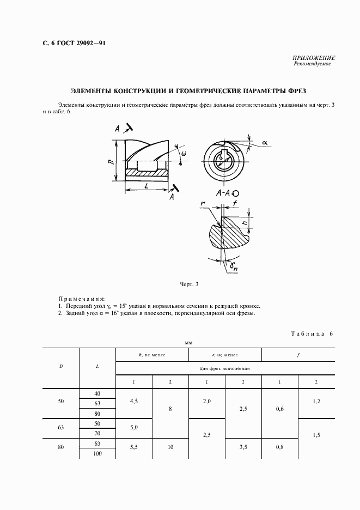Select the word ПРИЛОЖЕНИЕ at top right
[x=314, y=58]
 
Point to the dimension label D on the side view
[x=111, y=162]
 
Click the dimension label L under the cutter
[x=147, y=186]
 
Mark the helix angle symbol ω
[x=184, y=154]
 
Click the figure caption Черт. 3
[x=188, y=284]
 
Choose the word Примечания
[x=81, y=299]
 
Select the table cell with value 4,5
[x=134, y=402]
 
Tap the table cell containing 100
[x=97, y=453]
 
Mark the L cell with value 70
[x=97, y=434]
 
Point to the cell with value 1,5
[x=316, y=434]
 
